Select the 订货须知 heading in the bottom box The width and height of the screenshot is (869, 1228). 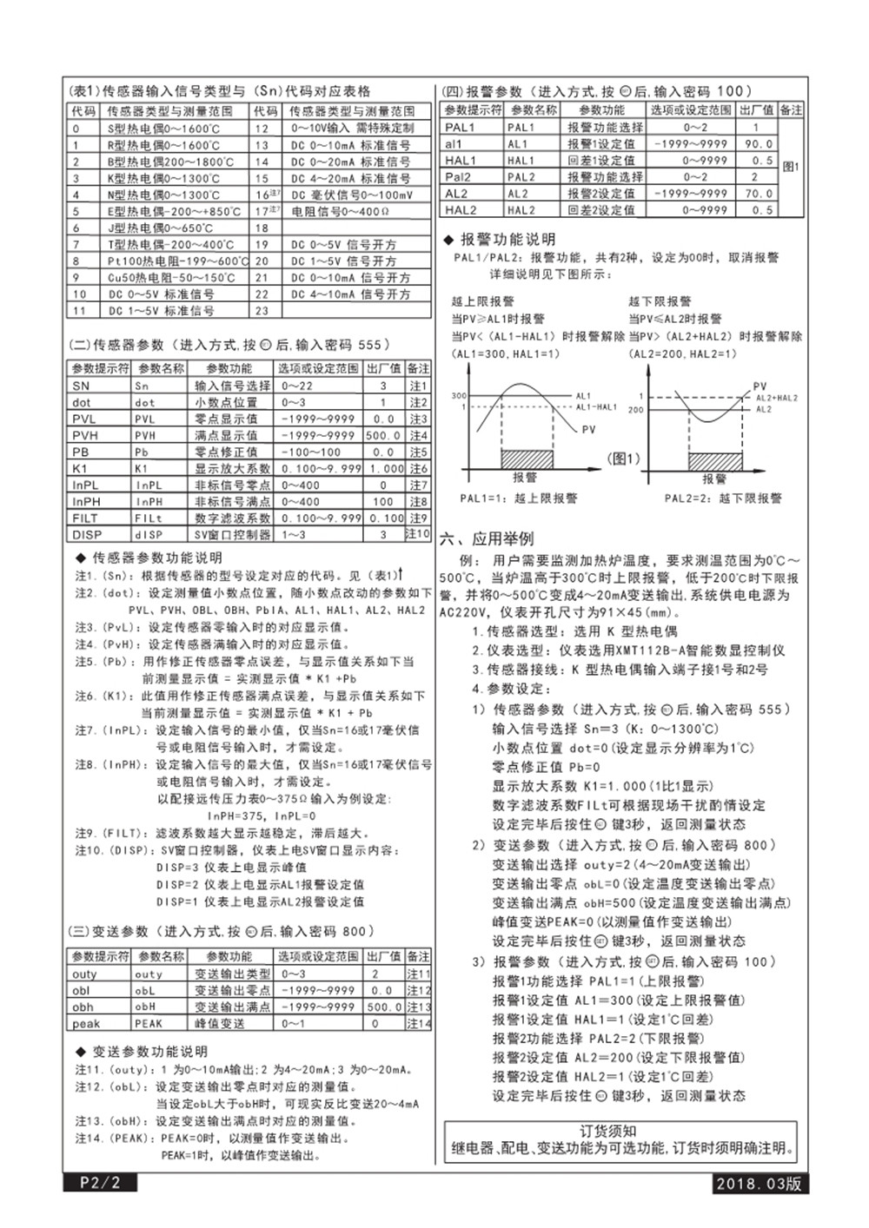click(x=620, y=1130)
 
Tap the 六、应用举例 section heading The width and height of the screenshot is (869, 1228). click(x=487, y=538)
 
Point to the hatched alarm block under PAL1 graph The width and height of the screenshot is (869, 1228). click(x=527, y=459)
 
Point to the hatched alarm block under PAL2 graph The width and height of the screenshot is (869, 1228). click(x=715, y=459)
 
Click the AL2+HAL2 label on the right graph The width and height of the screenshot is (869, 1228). click(x=776, y=398)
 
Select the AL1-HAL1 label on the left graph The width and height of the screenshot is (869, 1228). click(x=596, y=406)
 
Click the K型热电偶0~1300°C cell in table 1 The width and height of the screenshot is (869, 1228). click(x=163, y=178)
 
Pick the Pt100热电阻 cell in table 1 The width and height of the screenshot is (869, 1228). click(x=176, y=261)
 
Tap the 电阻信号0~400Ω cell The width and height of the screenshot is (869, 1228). click(x=341, y=211)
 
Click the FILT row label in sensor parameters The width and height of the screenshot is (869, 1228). click(x=86, y=518)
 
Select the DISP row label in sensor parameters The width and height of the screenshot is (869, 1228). click(x=87, y=534)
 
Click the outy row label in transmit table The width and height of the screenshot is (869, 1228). click(x=85, y=974)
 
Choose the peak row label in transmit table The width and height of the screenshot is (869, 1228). click(x=85, y=1023)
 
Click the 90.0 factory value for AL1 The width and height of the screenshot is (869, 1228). click(x=758, y=144)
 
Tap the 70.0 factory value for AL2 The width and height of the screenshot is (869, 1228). click(x=758, y=194)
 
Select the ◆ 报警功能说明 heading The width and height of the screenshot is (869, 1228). click(x=499, y=239)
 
